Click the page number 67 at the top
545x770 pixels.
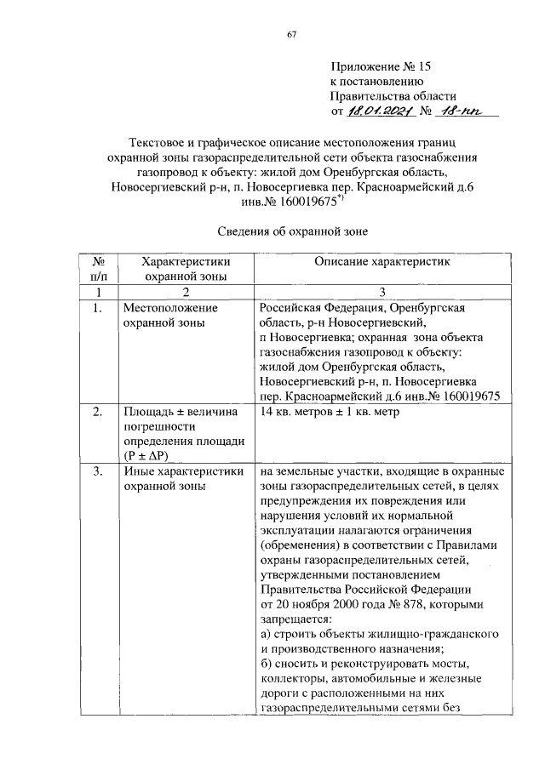(x=291, y=34)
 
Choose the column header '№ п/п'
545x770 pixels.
(x=98, y=269)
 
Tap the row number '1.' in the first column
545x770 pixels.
(x=98, y=307)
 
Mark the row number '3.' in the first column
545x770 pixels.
(x=98, y=471)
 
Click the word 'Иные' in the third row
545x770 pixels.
(x=139, y=471)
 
